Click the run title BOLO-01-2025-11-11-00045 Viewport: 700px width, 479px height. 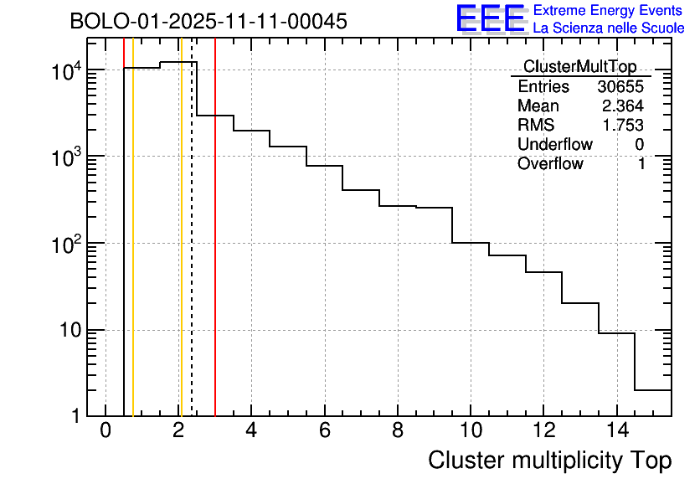[x=208, y=22]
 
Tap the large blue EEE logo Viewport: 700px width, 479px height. [x=491, y=18]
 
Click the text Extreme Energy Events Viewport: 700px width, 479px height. [x=609, y=11]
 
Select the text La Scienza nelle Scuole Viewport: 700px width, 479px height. [x=609, y=28]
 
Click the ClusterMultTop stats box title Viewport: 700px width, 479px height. [x=579, y=67]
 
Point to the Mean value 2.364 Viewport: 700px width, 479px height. [x=626, y=106]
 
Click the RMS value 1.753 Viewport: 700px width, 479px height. [x=626, y=126]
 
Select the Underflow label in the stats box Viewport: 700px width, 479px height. [x=554, y=145]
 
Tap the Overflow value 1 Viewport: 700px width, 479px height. [x=641, y=164]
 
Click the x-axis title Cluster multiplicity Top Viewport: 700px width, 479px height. [x=549, y=461]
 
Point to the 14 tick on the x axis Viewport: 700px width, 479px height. [x=616, y=431]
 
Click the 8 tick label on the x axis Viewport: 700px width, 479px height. [x=398, y=431]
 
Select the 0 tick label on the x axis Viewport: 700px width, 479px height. [x=106, y=431]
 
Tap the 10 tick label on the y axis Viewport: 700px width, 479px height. [x=75, y=330]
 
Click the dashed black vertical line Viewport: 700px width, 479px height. [x=192, y=251]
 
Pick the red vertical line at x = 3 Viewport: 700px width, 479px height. [x=215, y=251]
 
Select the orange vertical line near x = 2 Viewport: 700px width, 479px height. [x=181, y=251]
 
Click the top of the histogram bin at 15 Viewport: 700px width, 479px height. [x=653, y=390]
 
